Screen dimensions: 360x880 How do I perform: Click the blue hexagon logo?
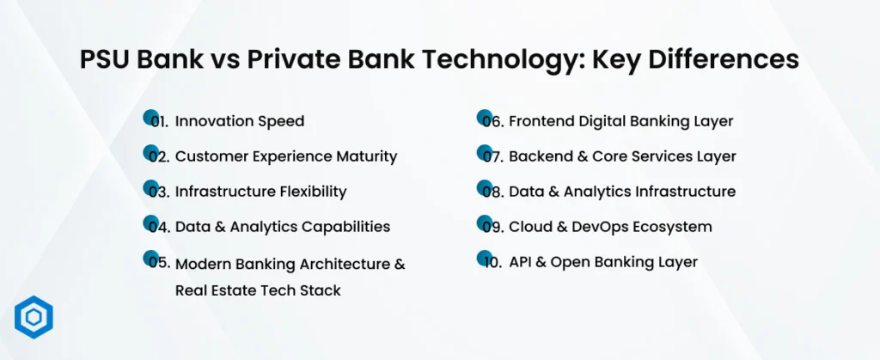pyautogui.click(x=34, y=318)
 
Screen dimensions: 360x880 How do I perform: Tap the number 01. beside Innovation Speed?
pyautogui.click(x=158, y=122)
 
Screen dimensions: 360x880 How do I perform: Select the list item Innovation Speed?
pyautogui.click(x=239, y=121)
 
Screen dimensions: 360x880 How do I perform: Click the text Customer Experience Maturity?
pyautogui.click(x=285, y=156)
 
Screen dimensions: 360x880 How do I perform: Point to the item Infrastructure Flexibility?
pyautogui.click(x=260, y=191)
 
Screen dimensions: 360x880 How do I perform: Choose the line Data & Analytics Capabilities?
pyautogui.click(x=282, y=227)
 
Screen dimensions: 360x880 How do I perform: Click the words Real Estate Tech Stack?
pyautogui.click(x=258, y=290)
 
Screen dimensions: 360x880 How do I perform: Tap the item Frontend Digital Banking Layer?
pyautogui.click(x=620, y=121)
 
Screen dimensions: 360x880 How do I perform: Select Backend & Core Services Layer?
pyautogui.click(x=622, y=156)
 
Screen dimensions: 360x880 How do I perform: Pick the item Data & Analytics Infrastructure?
pyautogui.click(x=622, y=191)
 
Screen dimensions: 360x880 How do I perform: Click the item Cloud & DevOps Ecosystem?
pyautogui.click(x=610, y=227)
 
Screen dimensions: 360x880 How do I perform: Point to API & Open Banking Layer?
pyautogui.click(x=603, y=262)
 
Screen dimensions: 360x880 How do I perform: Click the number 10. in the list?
pyautogui.click(x=492, y=263)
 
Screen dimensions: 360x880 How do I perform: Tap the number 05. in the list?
pyautogui.click(x=158, y=264)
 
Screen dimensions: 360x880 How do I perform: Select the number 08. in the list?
pyautogui.click(x=492, y=192)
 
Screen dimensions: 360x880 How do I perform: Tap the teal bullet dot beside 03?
pyautogui.click(x=150, y=187)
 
